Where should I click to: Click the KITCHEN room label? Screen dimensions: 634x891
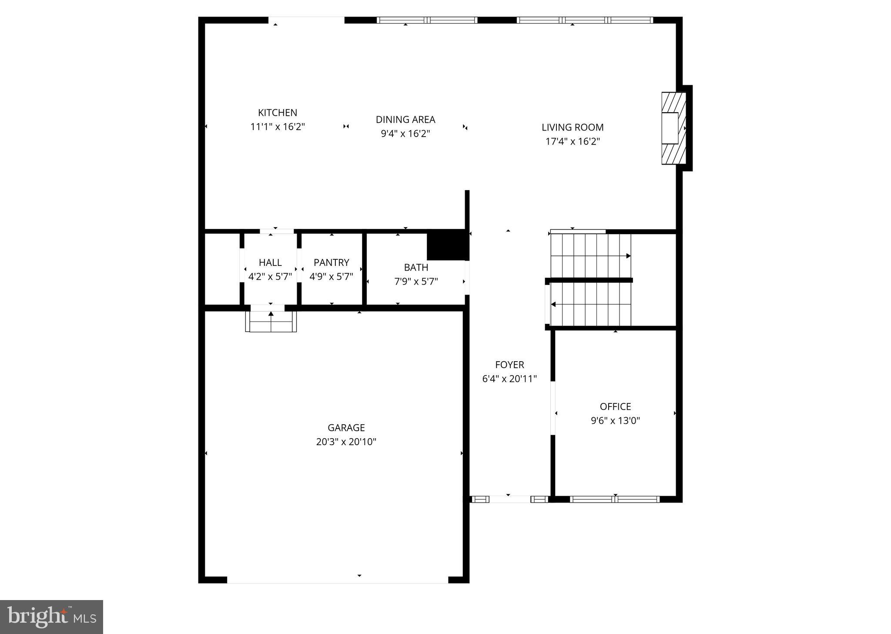click(278, 113)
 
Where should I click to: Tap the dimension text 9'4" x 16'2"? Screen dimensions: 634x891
click(405, 134)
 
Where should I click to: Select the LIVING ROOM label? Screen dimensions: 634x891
click(573, 127)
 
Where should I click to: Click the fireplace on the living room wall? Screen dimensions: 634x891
click(673, 128)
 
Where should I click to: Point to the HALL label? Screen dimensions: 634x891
click(270, 262)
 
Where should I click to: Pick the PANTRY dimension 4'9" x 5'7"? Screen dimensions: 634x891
click(331, 277)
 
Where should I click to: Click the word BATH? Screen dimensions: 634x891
click(416, 267)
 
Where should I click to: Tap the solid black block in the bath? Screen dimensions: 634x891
click(446, 245)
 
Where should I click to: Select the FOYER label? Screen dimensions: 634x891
click(509, 365)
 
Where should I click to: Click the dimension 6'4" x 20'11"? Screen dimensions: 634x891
click(509, 379)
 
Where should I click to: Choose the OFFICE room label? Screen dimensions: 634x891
click(615, 406)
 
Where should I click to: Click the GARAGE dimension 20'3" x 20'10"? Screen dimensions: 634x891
click(346, 442)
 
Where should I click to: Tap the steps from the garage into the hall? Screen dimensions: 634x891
click(271, 322)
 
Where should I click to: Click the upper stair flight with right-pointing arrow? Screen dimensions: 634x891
click(590, 255)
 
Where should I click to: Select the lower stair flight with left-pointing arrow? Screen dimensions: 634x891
click(590, 304)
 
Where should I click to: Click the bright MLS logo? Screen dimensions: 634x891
click(51, 617)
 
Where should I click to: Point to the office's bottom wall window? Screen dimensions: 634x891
click(615, 499)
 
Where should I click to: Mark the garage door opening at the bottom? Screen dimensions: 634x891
click(338, 580)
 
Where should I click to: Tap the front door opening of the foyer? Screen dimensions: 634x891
click(509, 499)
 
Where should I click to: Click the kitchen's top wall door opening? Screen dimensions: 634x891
click(306, 20)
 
